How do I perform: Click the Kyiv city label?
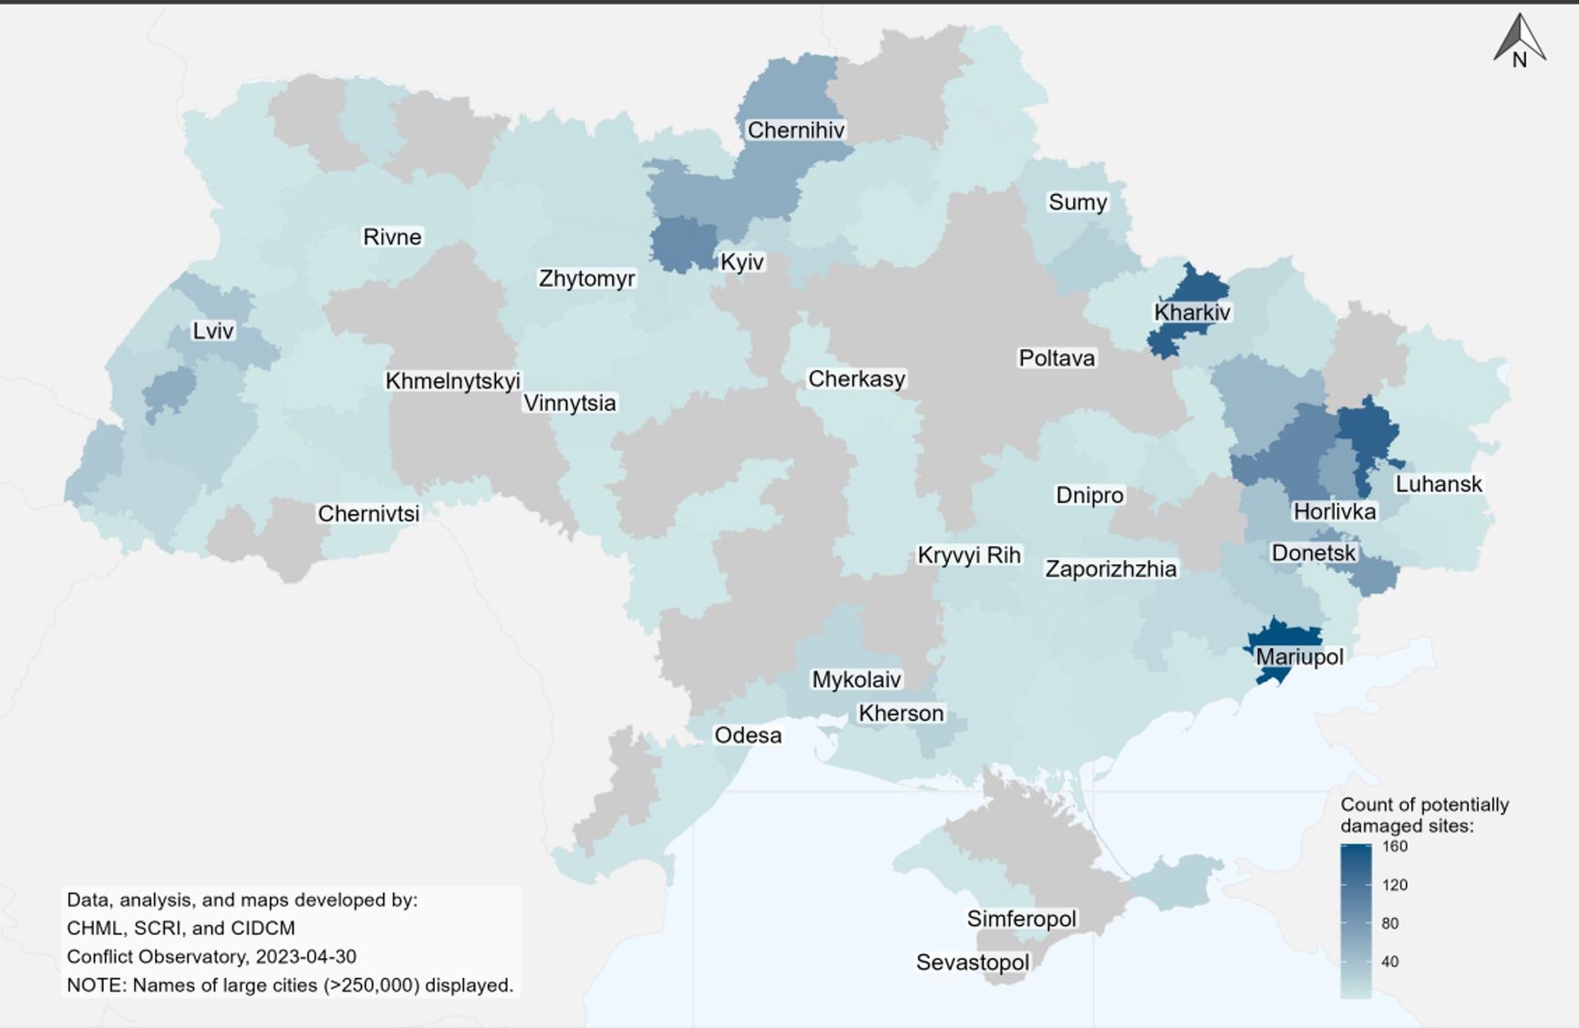[741, 262]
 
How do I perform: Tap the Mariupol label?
[1299, 657]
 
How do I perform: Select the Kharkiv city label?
[1192, 313]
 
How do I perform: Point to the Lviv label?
[213, 331]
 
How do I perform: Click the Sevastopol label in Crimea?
[972, 962]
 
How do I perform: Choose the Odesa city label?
[748, 735]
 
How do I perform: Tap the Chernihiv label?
[796, 130]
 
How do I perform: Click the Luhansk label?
[1439, 484]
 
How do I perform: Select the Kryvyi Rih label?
[968, 555]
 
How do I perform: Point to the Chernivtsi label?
[368, 514]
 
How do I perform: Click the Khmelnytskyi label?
[452, 381]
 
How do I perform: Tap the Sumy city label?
[1078, 202]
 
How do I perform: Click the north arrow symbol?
[1519, 41]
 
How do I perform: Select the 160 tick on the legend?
[1395, 846]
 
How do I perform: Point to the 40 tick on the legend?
[1389, 961]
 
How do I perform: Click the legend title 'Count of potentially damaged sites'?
[1424, 815]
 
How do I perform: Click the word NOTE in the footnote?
[96, 985]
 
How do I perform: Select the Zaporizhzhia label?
[1110, 570]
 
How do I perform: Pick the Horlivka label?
[1334, 512]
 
